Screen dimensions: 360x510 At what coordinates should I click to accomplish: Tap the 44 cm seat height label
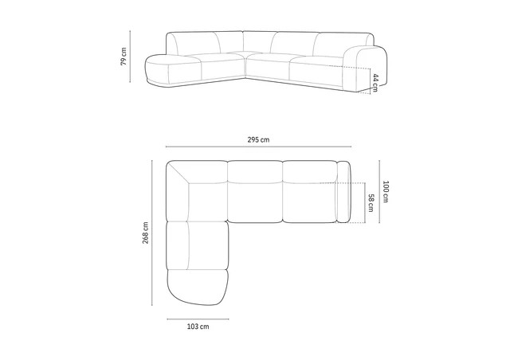(x=375, y=83)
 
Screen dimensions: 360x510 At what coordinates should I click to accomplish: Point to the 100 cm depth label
(x=386, y=192)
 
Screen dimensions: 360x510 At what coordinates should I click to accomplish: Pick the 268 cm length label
(x=145, y=233)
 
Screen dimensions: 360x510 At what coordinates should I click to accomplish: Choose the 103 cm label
(x=198, y=327)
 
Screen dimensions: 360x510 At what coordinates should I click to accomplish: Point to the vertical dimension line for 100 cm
(x=379, y=192)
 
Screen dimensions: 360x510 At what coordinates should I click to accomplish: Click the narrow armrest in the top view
(x=344, y=192)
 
